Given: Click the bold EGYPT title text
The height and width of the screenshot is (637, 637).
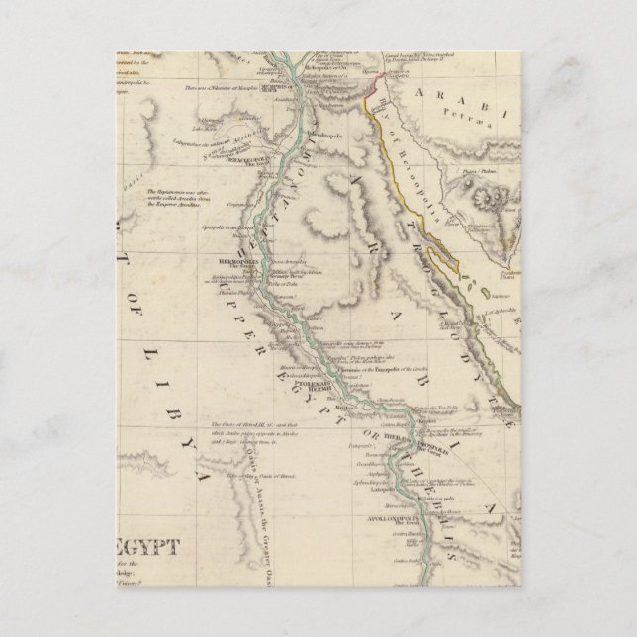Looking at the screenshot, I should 148,547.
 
